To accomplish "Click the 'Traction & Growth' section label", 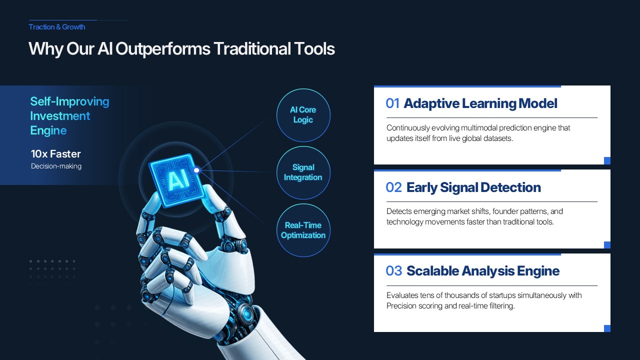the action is click(x=57, y=27).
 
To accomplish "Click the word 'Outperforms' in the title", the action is click(x=163, y=49).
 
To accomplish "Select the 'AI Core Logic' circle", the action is click(x=303, y=115).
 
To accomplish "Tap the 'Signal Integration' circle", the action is click(x=303, y=172).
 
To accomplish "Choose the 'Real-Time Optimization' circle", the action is click(x=303, y=230).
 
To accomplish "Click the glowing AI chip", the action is click(x=176, y=179).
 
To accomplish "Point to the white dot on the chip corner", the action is click(x=196, y=170).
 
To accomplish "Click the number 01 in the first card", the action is click(x=392, y=103).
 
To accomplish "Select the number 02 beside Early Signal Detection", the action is click(x=393, y=187).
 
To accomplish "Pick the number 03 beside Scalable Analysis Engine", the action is click(x=393, y=271).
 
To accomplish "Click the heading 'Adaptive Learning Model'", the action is click(x=480, y=103).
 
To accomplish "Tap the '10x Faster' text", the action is click(x=55, y=154).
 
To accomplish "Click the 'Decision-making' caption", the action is click(x=56, y=166).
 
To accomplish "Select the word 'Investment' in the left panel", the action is click(x=60, y=116).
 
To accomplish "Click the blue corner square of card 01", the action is click(x=607, y=160).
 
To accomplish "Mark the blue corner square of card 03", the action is click(x=607, y=328).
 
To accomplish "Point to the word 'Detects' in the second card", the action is click(x=399, y=211).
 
